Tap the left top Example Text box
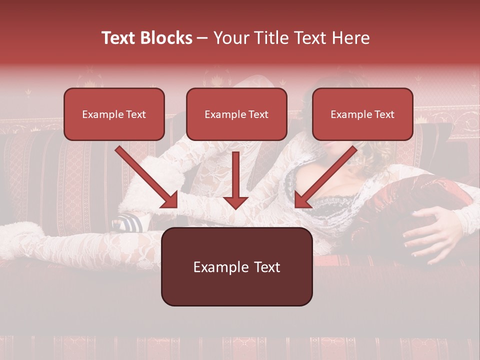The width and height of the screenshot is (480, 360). (114, 114)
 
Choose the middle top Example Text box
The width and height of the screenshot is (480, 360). (236, 114)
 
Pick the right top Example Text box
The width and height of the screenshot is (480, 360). (362, 114)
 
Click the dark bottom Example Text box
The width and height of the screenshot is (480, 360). (236, 266)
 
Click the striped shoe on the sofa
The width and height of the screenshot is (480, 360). (128, 221)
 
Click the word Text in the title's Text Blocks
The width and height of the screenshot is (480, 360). (119, 38)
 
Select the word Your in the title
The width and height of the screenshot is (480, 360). (229, 38)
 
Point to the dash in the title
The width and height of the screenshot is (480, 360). (202, 38)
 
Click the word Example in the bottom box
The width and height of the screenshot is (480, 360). (217, 267)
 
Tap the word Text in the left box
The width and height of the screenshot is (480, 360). (135, 114)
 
